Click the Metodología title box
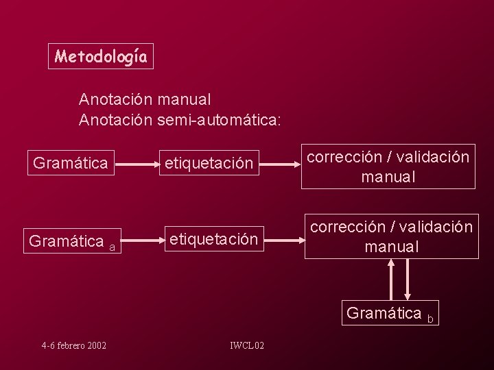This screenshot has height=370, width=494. (101, 56)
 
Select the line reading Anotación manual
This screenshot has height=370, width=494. (145, 100)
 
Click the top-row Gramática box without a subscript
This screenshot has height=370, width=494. (71, 163)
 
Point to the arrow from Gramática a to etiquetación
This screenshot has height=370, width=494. (140, 241)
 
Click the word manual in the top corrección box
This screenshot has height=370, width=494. (388, 177)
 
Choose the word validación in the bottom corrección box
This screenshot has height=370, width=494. (434, 226)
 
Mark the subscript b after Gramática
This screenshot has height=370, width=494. (430, 319)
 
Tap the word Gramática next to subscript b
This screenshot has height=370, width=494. (384, 313)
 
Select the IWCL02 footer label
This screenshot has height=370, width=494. (246, 345)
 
